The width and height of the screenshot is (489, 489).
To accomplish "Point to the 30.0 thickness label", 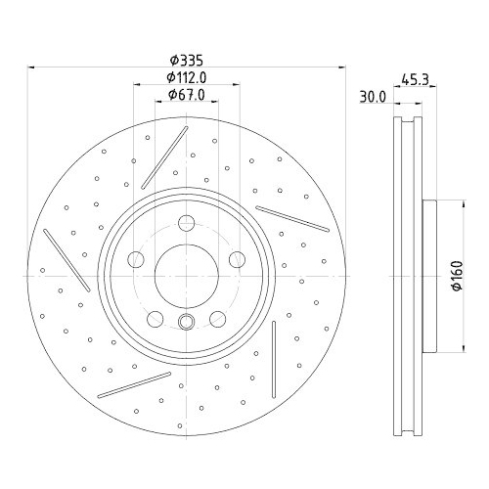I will (x=371, y=97).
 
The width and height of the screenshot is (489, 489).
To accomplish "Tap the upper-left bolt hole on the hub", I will (x=135, y=259).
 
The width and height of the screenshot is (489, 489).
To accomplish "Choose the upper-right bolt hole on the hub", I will (x=236, y=259).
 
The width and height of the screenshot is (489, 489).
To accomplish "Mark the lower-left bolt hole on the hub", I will (x=154, y=317).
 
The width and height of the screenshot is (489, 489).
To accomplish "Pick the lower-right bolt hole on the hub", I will (x=216, y=317).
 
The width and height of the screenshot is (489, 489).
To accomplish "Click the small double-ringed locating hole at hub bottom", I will (x=185, y=323).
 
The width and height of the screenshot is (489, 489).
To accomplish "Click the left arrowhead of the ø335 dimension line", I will (x=30, y=67).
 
